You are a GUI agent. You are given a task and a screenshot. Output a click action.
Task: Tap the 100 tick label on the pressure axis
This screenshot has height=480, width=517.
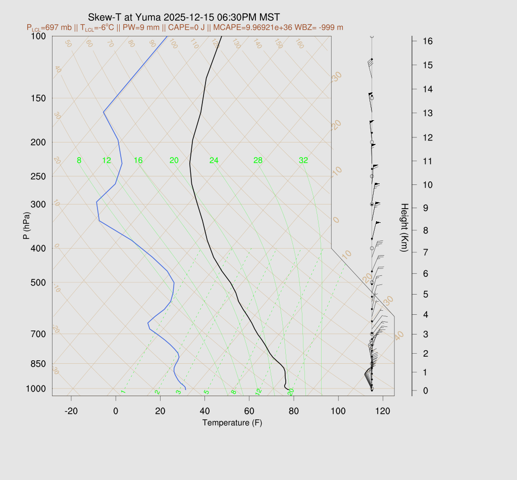pos(38,36)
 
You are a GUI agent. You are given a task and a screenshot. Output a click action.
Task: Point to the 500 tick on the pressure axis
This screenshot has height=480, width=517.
pos(38,282)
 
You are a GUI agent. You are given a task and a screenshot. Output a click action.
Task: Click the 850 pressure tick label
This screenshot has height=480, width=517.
pos(38,364)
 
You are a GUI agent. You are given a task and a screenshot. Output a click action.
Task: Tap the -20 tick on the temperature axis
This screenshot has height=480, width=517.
pos(71,411)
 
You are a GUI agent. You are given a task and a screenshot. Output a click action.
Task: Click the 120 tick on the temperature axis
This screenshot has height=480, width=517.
pos(383,411)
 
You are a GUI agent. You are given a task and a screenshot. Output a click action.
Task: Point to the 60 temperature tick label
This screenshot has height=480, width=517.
pos(249,411)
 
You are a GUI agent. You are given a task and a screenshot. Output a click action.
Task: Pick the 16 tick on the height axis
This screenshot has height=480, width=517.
pos(427,41)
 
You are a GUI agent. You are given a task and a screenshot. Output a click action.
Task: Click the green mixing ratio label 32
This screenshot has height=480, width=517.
pos(303,161)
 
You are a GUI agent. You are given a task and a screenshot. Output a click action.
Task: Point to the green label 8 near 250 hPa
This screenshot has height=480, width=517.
pos(79,161)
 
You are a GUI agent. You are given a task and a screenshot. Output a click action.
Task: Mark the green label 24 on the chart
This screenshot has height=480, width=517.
pos(214,161)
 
